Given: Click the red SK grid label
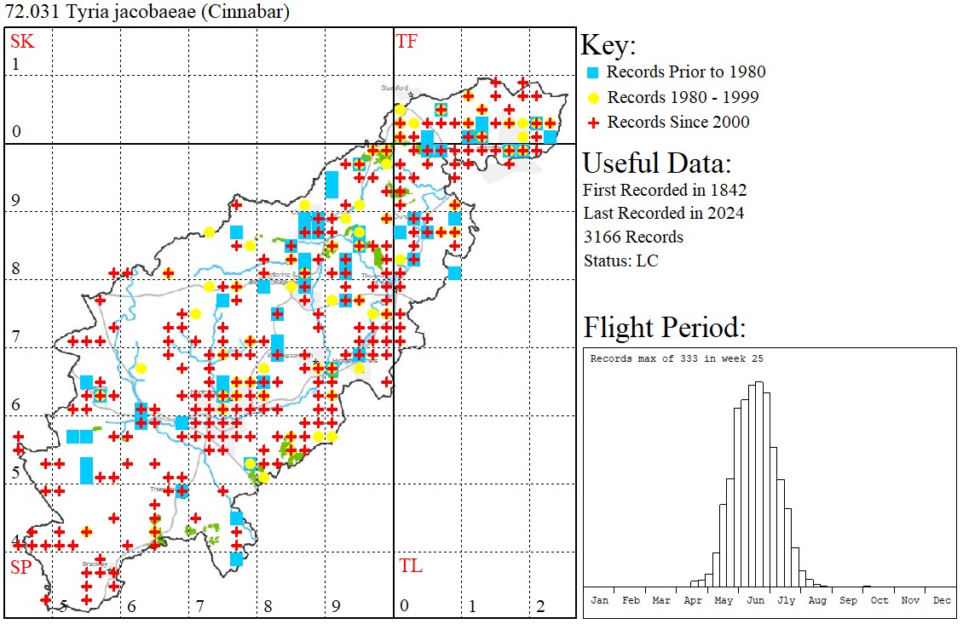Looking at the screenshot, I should tap(22, 41).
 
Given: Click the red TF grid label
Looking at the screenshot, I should tap(407, 41).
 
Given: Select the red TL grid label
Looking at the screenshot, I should tap(410, 565).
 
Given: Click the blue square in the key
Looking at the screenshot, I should tap(594, 72).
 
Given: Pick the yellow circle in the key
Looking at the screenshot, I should tap(594, 97).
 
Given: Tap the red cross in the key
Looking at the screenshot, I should tap(594, 123).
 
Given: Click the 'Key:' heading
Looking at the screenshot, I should tap(608, 46).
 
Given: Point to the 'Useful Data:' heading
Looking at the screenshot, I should tap(656, 163).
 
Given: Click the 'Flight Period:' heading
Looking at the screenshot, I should tap(665, 327).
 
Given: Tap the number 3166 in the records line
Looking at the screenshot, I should tap(603, 237).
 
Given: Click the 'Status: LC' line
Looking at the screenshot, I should tap(620, 260).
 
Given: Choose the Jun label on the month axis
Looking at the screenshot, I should tap(755, 600).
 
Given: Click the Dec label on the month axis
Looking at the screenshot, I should tap(942, 600).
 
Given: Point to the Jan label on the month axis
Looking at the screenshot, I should tap(600, 600).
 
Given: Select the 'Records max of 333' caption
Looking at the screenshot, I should tap(677, 358).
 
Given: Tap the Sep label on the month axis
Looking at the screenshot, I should tap(848, 600).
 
